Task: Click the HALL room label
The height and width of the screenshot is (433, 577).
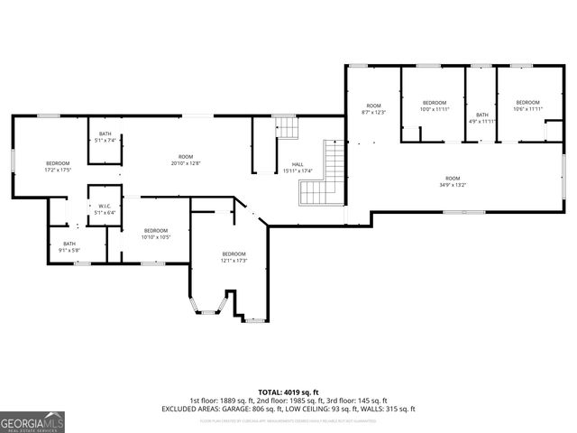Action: [298, 167]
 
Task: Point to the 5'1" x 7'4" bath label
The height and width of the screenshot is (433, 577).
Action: [105, 136]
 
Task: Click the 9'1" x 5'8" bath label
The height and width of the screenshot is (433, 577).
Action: [69, 246]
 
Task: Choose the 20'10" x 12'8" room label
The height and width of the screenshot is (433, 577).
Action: [186, 160]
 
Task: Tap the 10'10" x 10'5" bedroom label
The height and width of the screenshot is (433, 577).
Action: [155, 234]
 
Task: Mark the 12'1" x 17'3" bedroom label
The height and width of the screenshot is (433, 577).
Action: [234, 257]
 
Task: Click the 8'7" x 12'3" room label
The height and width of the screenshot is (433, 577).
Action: [373, 109]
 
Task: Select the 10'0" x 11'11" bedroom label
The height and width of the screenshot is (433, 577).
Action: [435, 106]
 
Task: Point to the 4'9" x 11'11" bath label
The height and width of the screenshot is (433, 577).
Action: [482, 117]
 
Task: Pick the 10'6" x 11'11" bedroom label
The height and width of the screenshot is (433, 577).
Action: [527, 106]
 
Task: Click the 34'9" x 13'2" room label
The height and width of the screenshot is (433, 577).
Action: [453, 181]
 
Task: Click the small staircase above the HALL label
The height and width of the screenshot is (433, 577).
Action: [286, 128]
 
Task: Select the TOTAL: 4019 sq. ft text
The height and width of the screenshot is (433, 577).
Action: [288, 392]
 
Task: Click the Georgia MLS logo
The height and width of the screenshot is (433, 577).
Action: [32, 421]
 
